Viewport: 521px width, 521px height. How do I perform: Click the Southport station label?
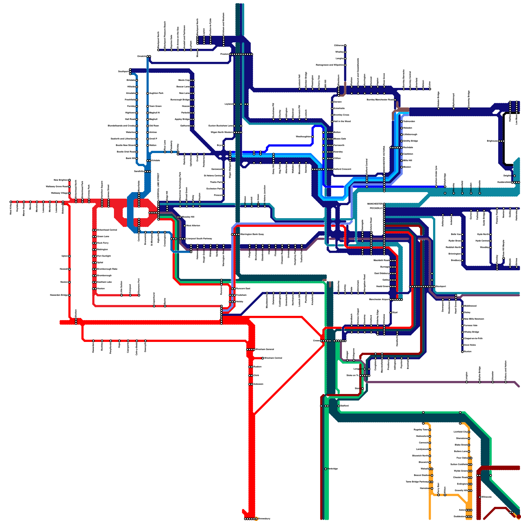coord(123,71)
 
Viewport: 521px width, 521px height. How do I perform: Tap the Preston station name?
coord(224,54)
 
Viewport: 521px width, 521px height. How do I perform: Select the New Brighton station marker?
coord(69,180)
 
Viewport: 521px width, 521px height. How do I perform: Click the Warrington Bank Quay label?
coord(252,234)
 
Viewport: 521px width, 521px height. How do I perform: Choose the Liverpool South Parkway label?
coord(199,239)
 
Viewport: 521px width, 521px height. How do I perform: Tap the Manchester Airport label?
coord(379,299)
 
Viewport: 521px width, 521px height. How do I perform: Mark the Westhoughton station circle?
coord(313,137)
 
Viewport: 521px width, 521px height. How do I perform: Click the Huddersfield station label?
coord(504,182)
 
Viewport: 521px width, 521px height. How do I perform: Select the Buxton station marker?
coord(462,352)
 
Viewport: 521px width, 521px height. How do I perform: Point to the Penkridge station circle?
coord(326,469)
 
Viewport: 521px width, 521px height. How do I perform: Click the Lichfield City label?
coord(460,432)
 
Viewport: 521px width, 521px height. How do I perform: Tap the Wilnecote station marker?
coord(480,497)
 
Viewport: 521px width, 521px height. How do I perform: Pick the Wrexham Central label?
coord(264,349)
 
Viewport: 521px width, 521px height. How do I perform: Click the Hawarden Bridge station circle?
coord(69,295)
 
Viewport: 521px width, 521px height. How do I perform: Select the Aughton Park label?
coord(156,93)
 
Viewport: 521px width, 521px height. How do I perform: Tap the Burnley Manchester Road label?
coord(380,100)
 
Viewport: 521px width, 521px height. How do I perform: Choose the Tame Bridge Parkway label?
coord(417,482)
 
